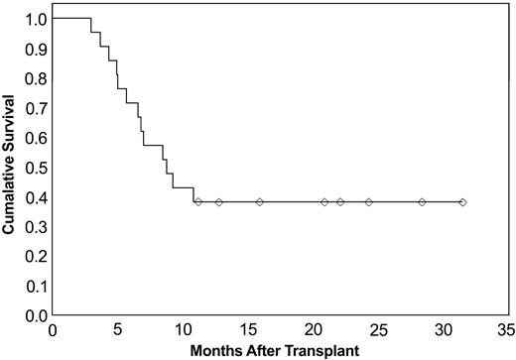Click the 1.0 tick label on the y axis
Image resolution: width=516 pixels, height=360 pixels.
click(x=35, y=19)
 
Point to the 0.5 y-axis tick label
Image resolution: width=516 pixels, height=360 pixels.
click(x=35, y=167)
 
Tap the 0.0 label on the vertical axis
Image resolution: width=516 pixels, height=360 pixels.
click(x=35, y=315)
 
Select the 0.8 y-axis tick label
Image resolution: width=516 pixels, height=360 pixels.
click(x=35, y=77)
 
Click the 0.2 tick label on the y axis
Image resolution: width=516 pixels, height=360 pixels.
click(x=35, y=256)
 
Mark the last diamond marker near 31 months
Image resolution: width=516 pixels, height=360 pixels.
click(x=462, y=202)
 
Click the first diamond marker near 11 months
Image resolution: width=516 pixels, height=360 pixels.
click(x=198, y=202)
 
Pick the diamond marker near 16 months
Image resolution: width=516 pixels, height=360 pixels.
click(x=260, y=202)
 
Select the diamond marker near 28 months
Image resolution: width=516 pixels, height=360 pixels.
click(x=422, y=202)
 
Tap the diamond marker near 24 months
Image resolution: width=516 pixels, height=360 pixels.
click(x=369, y=202)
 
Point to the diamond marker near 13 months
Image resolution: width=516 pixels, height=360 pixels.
click(x=219, y=202)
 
